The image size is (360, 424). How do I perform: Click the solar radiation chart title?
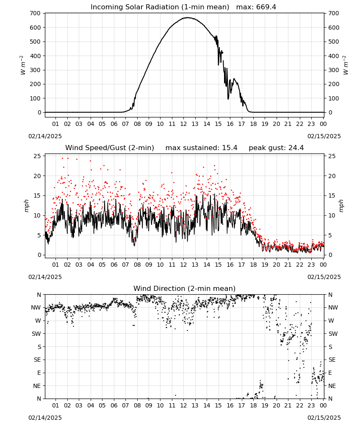click(183, 7)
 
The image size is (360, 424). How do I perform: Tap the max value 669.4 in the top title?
click(266, 7)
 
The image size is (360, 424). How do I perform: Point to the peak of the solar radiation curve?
click(188, 17)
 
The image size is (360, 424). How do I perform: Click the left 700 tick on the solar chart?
click(36, 13)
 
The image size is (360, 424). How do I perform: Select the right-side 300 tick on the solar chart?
click(334, 70)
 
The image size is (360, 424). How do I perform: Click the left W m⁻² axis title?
click(23, 65)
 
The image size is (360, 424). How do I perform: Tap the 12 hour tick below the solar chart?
click(183, 124)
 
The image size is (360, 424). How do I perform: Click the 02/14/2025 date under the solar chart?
click(45, 136)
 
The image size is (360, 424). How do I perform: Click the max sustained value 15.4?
click(230, 148)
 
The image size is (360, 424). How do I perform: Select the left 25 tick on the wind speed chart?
click(37, 156)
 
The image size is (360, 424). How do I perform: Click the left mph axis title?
click(26, 206)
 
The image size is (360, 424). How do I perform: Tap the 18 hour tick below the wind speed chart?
click(253, 265)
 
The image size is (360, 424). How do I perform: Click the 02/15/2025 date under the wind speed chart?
click(324, 277)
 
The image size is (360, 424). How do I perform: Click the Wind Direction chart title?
click(185, 288)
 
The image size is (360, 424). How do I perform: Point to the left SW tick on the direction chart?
click(36, 334)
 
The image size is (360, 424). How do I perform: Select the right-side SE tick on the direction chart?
click(332, 360)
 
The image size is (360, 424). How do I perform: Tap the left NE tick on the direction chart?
click(37, 386)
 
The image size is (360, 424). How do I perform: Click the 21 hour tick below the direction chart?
click(288, 405)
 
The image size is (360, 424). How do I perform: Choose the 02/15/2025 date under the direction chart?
click(324, 418)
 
